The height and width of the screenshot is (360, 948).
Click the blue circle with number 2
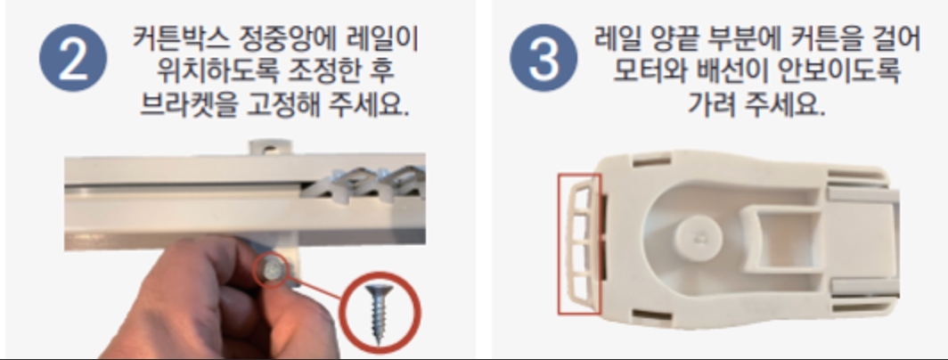[73, 58]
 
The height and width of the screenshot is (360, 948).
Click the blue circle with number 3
[543, 58]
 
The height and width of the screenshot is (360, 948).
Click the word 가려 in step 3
[711, 104]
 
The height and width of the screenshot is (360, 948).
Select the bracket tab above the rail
[270, 147]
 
